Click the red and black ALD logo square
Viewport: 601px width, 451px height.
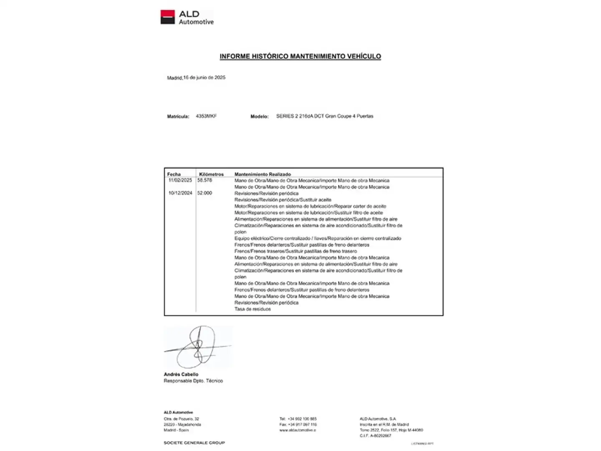pyautogui.click(x=167, y=17)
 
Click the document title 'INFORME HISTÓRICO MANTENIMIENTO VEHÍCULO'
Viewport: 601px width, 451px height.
pyautogui.click(x=300, y=56)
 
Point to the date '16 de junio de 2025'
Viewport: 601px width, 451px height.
pyautogui.click(x=204, y=78)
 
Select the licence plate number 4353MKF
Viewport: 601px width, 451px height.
pyautogui.click(x=206, y=116)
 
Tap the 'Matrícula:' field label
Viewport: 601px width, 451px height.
pyautogui.click(x=178, y=117)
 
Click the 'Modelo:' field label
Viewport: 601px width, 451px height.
pyautogui.click(x=259, y=117)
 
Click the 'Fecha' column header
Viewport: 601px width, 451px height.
pyautogui.click(x=174, y=174)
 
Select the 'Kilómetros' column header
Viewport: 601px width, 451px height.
pyautogui.click(x=211, y=174)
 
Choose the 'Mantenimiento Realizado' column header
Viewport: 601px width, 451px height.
pyautogui.click(x=263, y=174)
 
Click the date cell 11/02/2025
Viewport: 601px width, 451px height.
pyautogui.click(x=180, y=180)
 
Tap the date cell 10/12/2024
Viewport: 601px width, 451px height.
pyautogui.click(x=180, y=193)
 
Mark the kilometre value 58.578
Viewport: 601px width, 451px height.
pyautogui.click(x=205, y=180)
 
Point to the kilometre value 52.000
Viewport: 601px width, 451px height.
pyautogui.click(x=205, y=193)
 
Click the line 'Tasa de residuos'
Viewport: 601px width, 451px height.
pyautogui.click(x=253, y=309)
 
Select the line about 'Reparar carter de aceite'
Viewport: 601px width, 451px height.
pyautogui.click(x=310, y=206)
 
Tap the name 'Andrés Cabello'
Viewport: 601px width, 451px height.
pyautogui.click(x=181, y=374)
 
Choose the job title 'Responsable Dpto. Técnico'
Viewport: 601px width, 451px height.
pyautogui.click(x=193, y=381)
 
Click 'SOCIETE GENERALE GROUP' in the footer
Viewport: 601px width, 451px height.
pyautogui.click(x=194, y=443)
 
